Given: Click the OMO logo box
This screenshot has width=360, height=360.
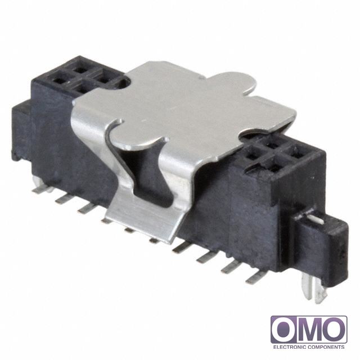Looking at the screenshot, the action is (x=309, y=330).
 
